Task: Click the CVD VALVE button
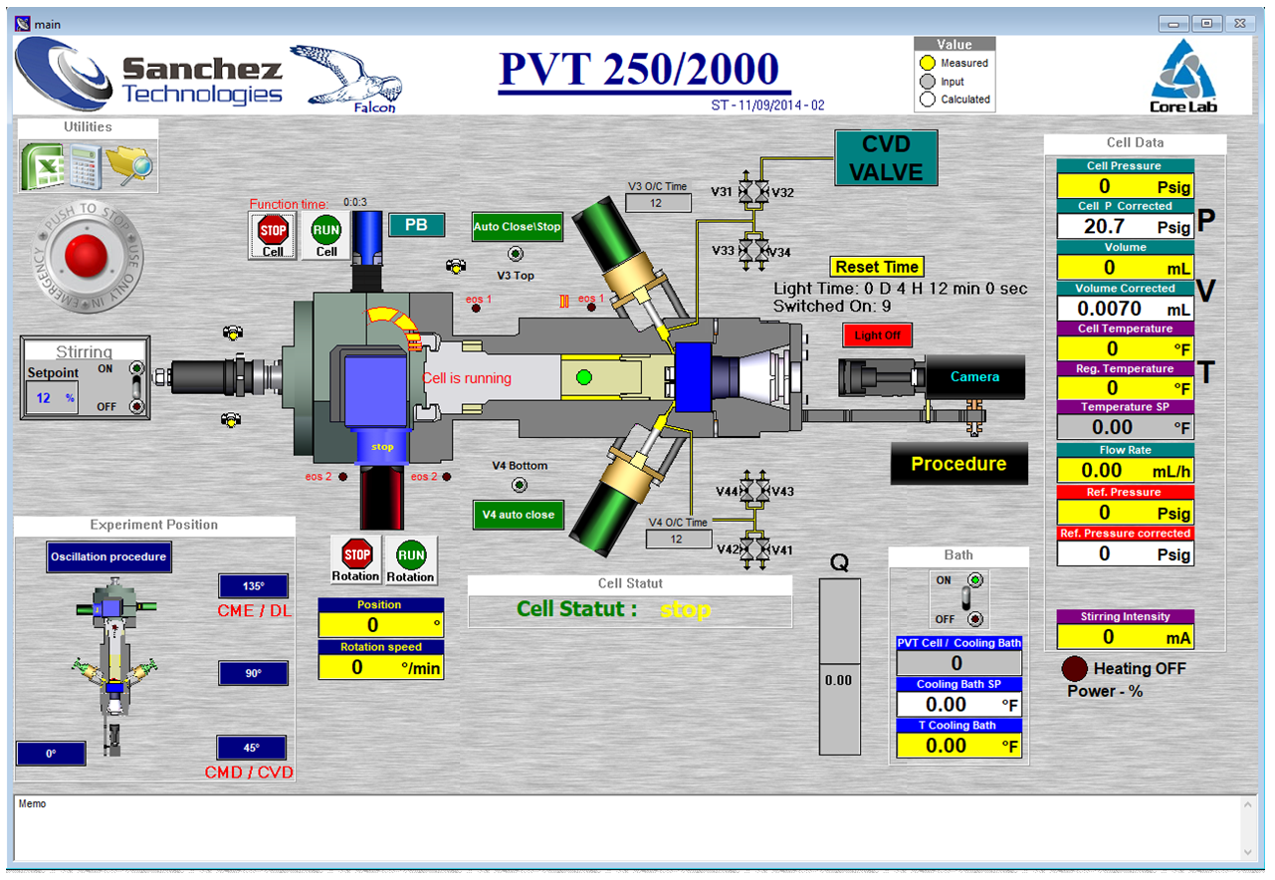tap(886, 158)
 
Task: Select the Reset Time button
tap(877, 267)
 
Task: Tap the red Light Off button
tap(877, 335)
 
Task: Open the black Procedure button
tap(958, 464)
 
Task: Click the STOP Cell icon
tap(273, 235)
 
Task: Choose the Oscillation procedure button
tap(108, 556)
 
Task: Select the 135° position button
tap(253, 586)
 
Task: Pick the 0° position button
tap(51, 754)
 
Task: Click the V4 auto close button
tap(518, 515)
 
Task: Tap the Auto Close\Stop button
tap(517, 226)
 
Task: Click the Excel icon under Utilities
tap(43, 165)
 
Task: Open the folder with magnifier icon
tap(130, 166)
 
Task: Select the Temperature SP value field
tap(1125, 427)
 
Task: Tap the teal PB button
tap(416, 225)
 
